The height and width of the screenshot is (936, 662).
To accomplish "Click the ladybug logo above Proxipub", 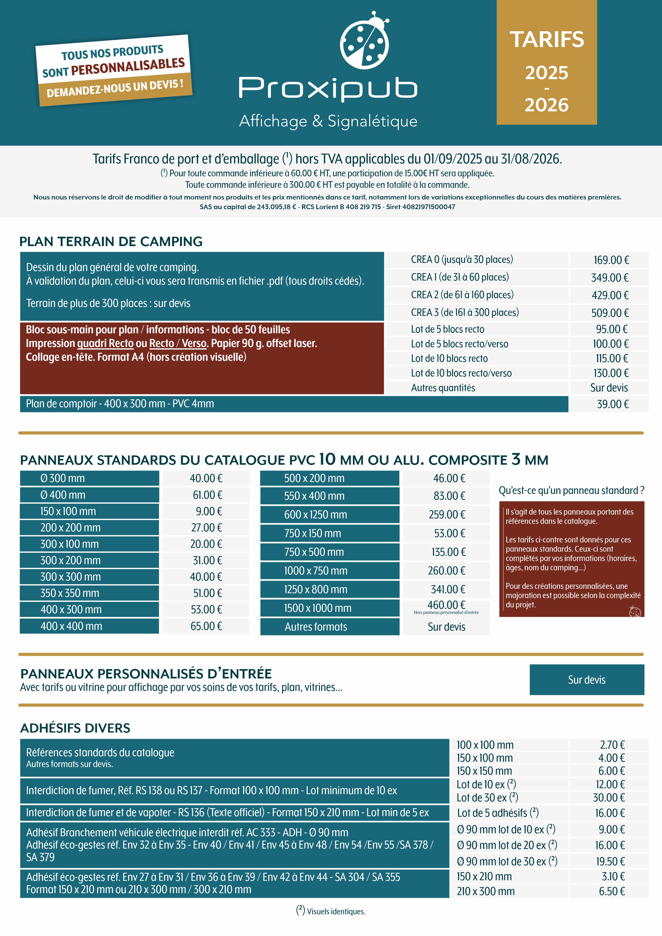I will pos(364,40).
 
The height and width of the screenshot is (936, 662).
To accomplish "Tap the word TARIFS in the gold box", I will pos(547,40).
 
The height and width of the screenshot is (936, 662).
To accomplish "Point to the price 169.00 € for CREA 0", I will pos(611,260).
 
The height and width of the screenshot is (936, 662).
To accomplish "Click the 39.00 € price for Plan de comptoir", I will pos(613,404).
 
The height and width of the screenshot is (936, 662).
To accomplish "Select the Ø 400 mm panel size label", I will pos(63,495).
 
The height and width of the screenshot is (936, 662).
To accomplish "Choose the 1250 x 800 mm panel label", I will pos(316,590).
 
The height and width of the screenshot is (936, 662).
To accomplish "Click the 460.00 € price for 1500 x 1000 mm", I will pos(446,605).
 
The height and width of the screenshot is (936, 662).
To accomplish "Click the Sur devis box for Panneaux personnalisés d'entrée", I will pos(586,680).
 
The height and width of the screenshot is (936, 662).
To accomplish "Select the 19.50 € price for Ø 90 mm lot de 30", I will pos(610,861).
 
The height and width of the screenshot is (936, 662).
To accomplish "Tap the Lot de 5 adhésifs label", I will pos(498,813).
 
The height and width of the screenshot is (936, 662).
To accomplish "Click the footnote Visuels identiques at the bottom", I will pos(331,911).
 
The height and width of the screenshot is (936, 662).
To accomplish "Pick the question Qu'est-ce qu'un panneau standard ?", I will pos(571,491).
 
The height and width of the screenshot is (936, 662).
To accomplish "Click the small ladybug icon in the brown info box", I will pos(635,611).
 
